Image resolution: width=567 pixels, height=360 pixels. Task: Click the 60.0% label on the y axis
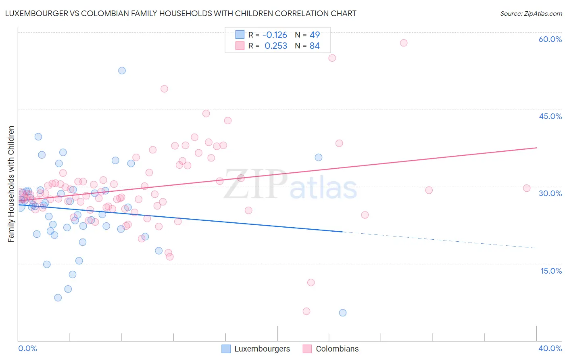pyautogui.click(x=550, y=39)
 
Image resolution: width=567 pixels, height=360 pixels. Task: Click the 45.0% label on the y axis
pyautogui.click(x=550, y=116)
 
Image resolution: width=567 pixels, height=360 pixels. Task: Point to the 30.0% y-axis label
pyautogui.click(x=550, y=193)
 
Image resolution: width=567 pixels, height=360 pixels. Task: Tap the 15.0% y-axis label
pyautogui.click(x=551, y=271)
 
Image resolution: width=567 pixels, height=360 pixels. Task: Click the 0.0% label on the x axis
pyautogui.click(x=27, y=348)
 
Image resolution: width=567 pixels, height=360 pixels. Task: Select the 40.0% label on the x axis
pyautogui.click(x=550, y=348)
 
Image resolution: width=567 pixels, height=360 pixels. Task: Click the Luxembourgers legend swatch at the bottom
pyautogui.click(x=226, y=349)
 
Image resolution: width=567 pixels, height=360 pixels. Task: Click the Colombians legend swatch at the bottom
pyautogui.click(x=307, y=349)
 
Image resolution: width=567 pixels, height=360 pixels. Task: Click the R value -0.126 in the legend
pyautogui.click(x=275, y=35)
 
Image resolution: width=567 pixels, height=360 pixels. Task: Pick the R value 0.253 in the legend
pyautogui.click(x=276, y=46)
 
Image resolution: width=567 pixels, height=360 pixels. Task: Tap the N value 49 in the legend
pyautogui.click(x=315, y=35)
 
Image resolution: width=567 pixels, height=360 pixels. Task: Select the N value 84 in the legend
pyautogui.click(x=315, y=46)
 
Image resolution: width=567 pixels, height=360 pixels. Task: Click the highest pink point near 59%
pyautogui.click(x=404, y=43)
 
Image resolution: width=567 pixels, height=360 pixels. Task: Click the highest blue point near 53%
pyautogui.click(x=122, y=71)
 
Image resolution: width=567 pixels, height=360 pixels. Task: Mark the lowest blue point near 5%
pyautogui.click(x=343, y=313)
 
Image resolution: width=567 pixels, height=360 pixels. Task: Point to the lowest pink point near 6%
pyautogui.click(x=306, y=311)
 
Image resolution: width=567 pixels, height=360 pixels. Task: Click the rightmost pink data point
pyautogui.click(x=527, y=188)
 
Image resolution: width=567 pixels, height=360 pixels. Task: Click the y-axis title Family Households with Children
pyautogui.click(x=11, y=184)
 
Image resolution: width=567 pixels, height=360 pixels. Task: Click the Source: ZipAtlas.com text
pyautogui.click(x=531, y=14)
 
